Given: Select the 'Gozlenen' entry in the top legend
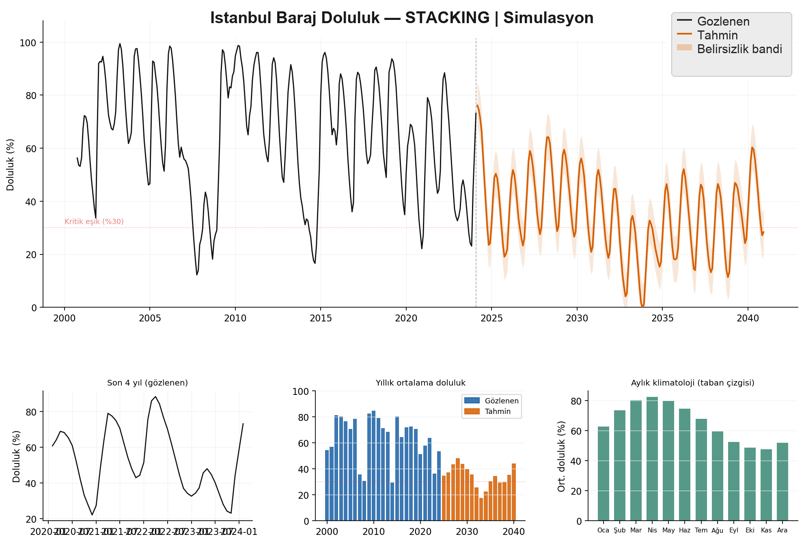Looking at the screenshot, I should (723, 22).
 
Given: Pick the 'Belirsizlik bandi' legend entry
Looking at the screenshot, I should (739, 49).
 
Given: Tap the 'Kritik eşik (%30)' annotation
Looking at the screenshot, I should (94, 222).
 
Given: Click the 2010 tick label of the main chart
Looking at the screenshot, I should (235, 318).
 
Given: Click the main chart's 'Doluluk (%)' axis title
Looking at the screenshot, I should (11, 165).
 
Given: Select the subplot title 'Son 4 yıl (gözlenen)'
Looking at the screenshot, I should (147, 383).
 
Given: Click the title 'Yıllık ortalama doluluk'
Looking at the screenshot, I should (420, 383).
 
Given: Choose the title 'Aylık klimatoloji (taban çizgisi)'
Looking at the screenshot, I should (692, 383).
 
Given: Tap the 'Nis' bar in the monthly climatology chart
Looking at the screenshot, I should (652, 459).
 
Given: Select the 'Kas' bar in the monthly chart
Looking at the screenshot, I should (766, 485).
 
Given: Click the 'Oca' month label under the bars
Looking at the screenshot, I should (603, 530).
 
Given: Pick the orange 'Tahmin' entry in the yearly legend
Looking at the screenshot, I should (497, 412).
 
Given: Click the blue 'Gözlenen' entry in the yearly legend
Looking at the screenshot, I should (501, 401).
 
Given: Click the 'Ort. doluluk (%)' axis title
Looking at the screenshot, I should (562, 456).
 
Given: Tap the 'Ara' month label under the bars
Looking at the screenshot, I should (782, 530).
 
